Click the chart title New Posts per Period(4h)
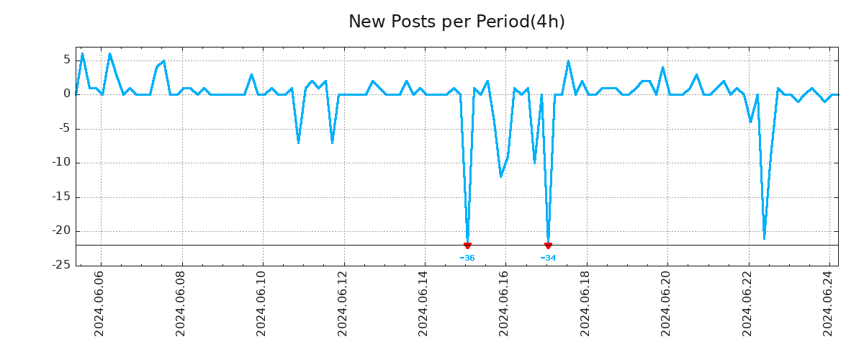tap(456, 22)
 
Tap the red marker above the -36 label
tap(467, 246)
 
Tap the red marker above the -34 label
tap(548, 246)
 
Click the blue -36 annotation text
tap(467, 258)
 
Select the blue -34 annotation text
tap(548, 258)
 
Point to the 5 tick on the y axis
tap(67, 60)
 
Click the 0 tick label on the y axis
tap(67, 94)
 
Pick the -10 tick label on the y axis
tap(61, 162)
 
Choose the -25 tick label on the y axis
tap(61, 265)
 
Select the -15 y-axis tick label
tap(61, 197)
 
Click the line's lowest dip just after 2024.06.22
tap(764, 238)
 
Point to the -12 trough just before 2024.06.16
tap(500, 176)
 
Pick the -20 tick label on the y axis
tap(61, 230)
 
